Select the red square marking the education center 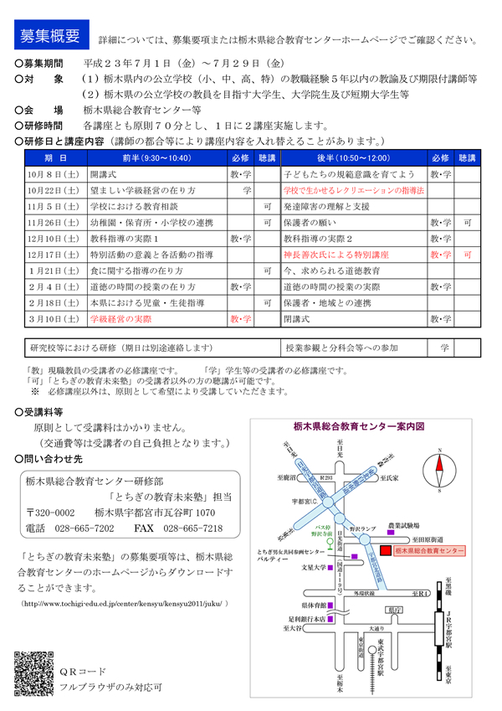(385, 551)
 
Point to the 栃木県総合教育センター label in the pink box (428, 551)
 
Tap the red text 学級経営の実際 (120, 319)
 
